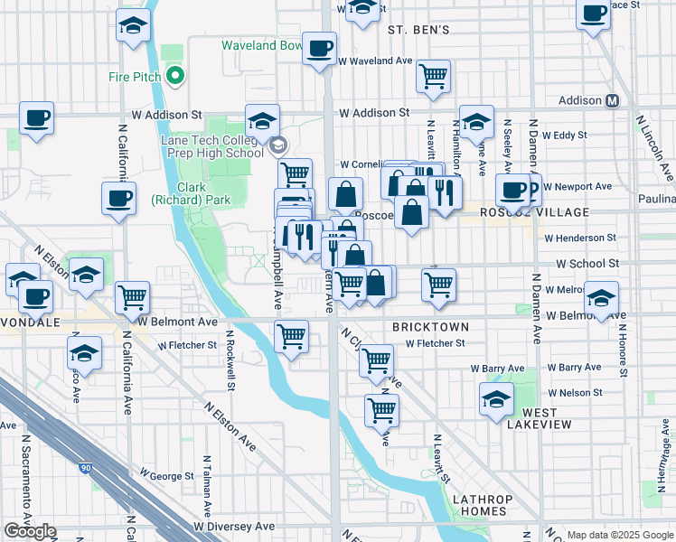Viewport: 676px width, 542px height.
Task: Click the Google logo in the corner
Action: pyautogui.click(x=30, y=531)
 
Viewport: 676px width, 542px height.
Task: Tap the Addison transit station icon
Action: pyautogui.click(x=613, y=100)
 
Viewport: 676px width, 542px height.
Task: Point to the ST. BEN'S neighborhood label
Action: pyautogui.click(x=418, y=30)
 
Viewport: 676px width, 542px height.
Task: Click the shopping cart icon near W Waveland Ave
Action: pyautogui.click(x=434, y=76)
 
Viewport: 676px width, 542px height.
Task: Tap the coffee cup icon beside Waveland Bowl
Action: pyautogui.click(x=318, y=49)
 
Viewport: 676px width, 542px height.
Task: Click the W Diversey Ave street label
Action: pyautogui.click(x=233, y=526)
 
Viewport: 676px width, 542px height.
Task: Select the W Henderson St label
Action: pyautogui.click(x=579, y=238)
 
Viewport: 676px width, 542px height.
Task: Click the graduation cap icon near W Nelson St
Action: pyautogui.click(x=496, y=399)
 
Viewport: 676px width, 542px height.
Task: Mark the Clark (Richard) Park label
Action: pyautogui.click(x=179, y=192)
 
